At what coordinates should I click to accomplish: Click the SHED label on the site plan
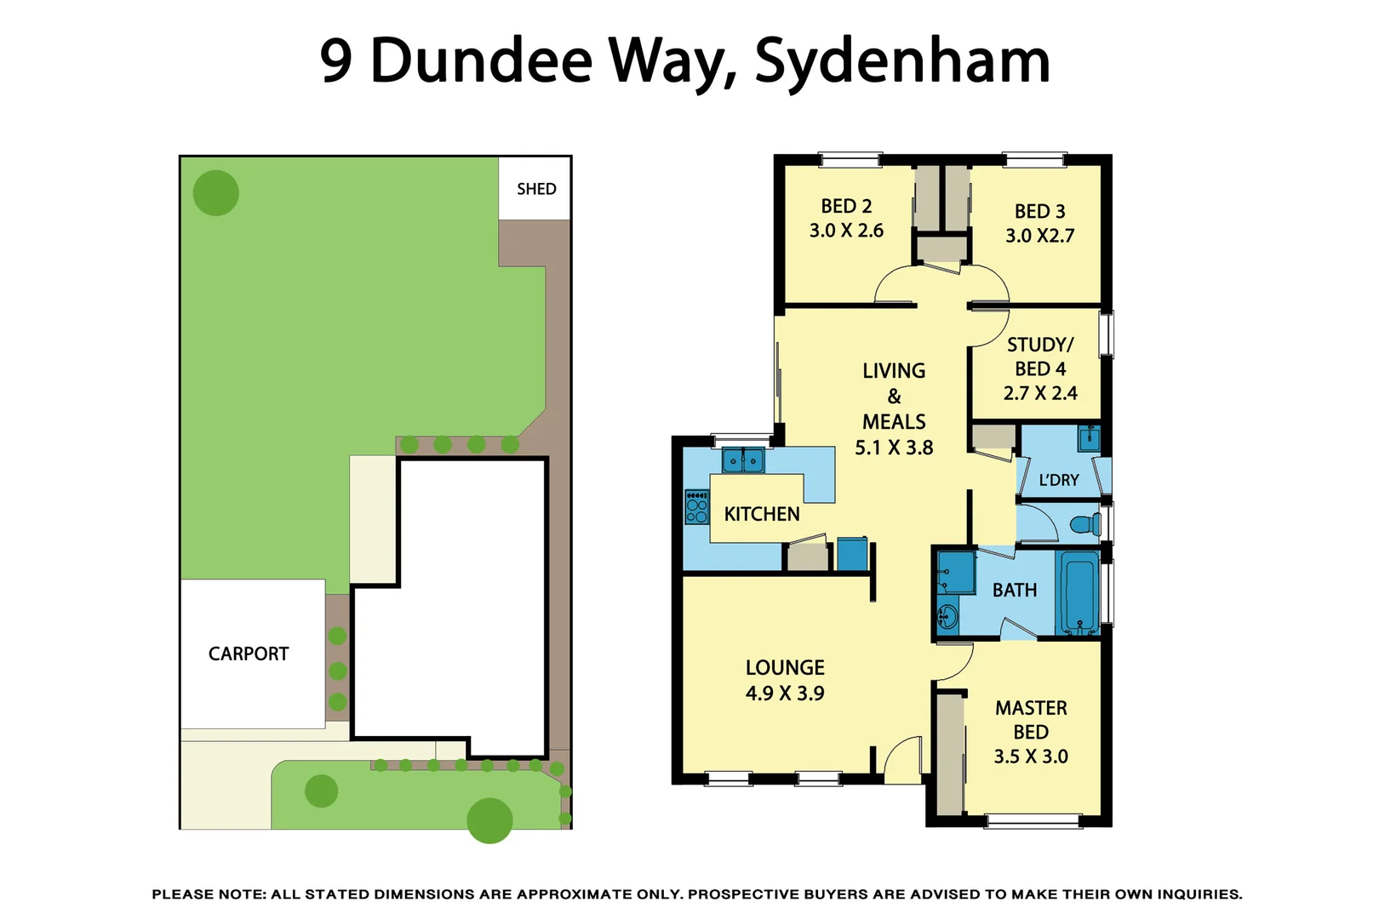pyautogui.click(x=536, y=189)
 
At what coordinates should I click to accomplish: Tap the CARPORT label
pyautogui.click(x=249, y=654)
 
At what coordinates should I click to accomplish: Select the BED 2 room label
pyautogui.click(x=846, y=207)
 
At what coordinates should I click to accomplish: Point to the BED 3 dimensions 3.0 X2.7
pyautogui.click(x=1039, y=236)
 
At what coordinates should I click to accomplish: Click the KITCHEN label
pyautogui.click(x=762, y=514)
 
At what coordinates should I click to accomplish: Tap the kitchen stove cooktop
pyautogui.click(x=697, y=506)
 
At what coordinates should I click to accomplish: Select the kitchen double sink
pyautogui.click(x=743, y=461)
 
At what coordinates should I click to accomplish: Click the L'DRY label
pyautogui.click(x=1059, y=480)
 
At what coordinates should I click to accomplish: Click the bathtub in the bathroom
pyautogui.click(x=1079, y=592)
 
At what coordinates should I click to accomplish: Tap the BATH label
pyautogui.click(x=1015, y=590)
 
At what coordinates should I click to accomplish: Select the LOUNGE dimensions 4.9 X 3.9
pyautogui.click(x=785, y=694)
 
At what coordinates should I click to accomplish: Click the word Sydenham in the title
pyautogui.click(x=902, y=61)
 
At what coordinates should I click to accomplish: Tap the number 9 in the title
pyautogui.click(x=336, y=61)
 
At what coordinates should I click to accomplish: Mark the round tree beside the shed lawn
pyautogui.click(x=216, y=192)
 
